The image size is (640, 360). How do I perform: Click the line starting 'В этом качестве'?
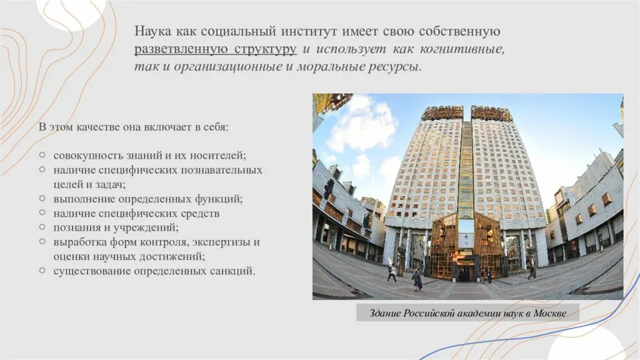pyautogui.click(x=134, y=127)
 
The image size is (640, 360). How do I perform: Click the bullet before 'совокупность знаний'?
pyautogui.click(x=41, y=154)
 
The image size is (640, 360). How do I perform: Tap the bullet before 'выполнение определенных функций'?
pyautogui.click(x=41, y=199)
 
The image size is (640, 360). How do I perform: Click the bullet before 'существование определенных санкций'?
pyautogui.click(x=41, y=271)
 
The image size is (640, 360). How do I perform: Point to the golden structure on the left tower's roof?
pyautogui.click(x=442, y=113)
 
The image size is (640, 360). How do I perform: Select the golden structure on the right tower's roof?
pyautogui.click(x=491, y=113)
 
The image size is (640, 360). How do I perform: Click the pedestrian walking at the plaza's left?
pyautogui.click(x=392, y=273)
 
